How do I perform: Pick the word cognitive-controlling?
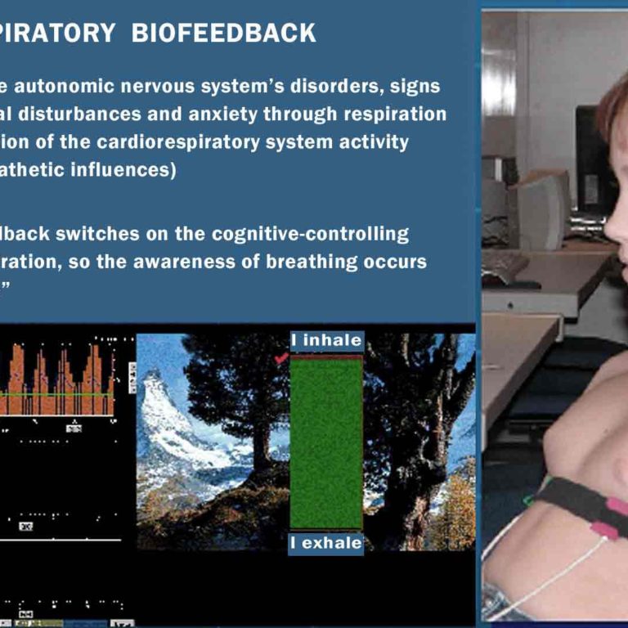click(x=310, y=234)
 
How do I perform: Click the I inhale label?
click(x=326, y=340)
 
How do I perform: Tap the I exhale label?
click(x=326, y=543)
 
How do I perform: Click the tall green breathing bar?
click(x=326, y=442)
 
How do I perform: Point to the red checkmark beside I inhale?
click(x=281, y=357)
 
